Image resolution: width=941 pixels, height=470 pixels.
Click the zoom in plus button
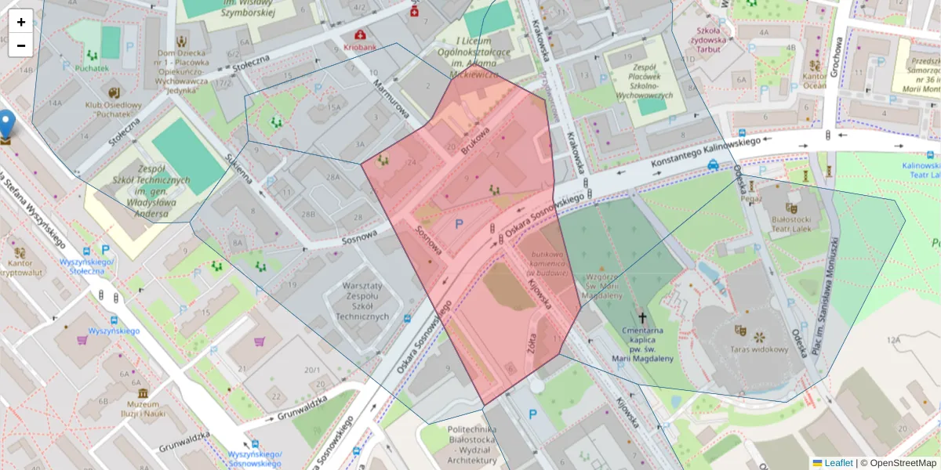pyautogui.click(x=21, y=21)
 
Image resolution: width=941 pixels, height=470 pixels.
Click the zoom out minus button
pyautogui.click(x=21, y=45)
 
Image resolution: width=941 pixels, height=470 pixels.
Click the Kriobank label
pyautogui.click(x=360, y=47)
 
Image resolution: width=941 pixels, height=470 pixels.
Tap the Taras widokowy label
pyautogui.click(x=758, y=349)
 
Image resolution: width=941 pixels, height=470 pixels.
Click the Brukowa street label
pyautogui.click(x=475, y=140)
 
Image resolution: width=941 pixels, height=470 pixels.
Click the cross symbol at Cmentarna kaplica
pyautogui.click(x=643, y=318)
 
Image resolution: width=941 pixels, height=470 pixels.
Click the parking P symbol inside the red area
pyautogui.click(x=460, y=224)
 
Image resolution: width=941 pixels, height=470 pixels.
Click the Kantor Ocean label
pyautogui.click(x=814, y=81)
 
